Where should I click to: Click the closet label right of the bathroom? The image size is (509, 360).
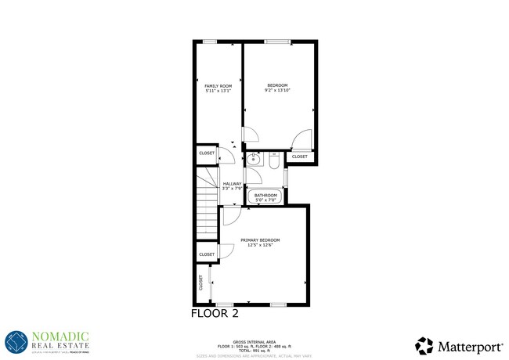(x=300, y=157)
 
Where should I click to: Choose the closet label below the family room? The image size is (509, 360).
(x=207, y=153)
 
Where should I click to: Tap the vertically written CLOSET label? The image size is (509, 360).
(x=202, y=283)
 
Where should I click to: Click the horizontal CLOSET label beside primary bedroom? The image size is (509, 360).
(x=207, y=254)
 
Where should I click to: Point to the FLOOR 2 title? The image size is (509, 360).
(x=215, y=313)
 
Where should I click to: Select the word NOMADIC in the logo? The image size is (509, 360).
(x=60, y=336)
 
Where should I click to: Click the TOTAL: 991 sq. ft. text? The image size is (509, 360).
(x=254, y=350)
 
